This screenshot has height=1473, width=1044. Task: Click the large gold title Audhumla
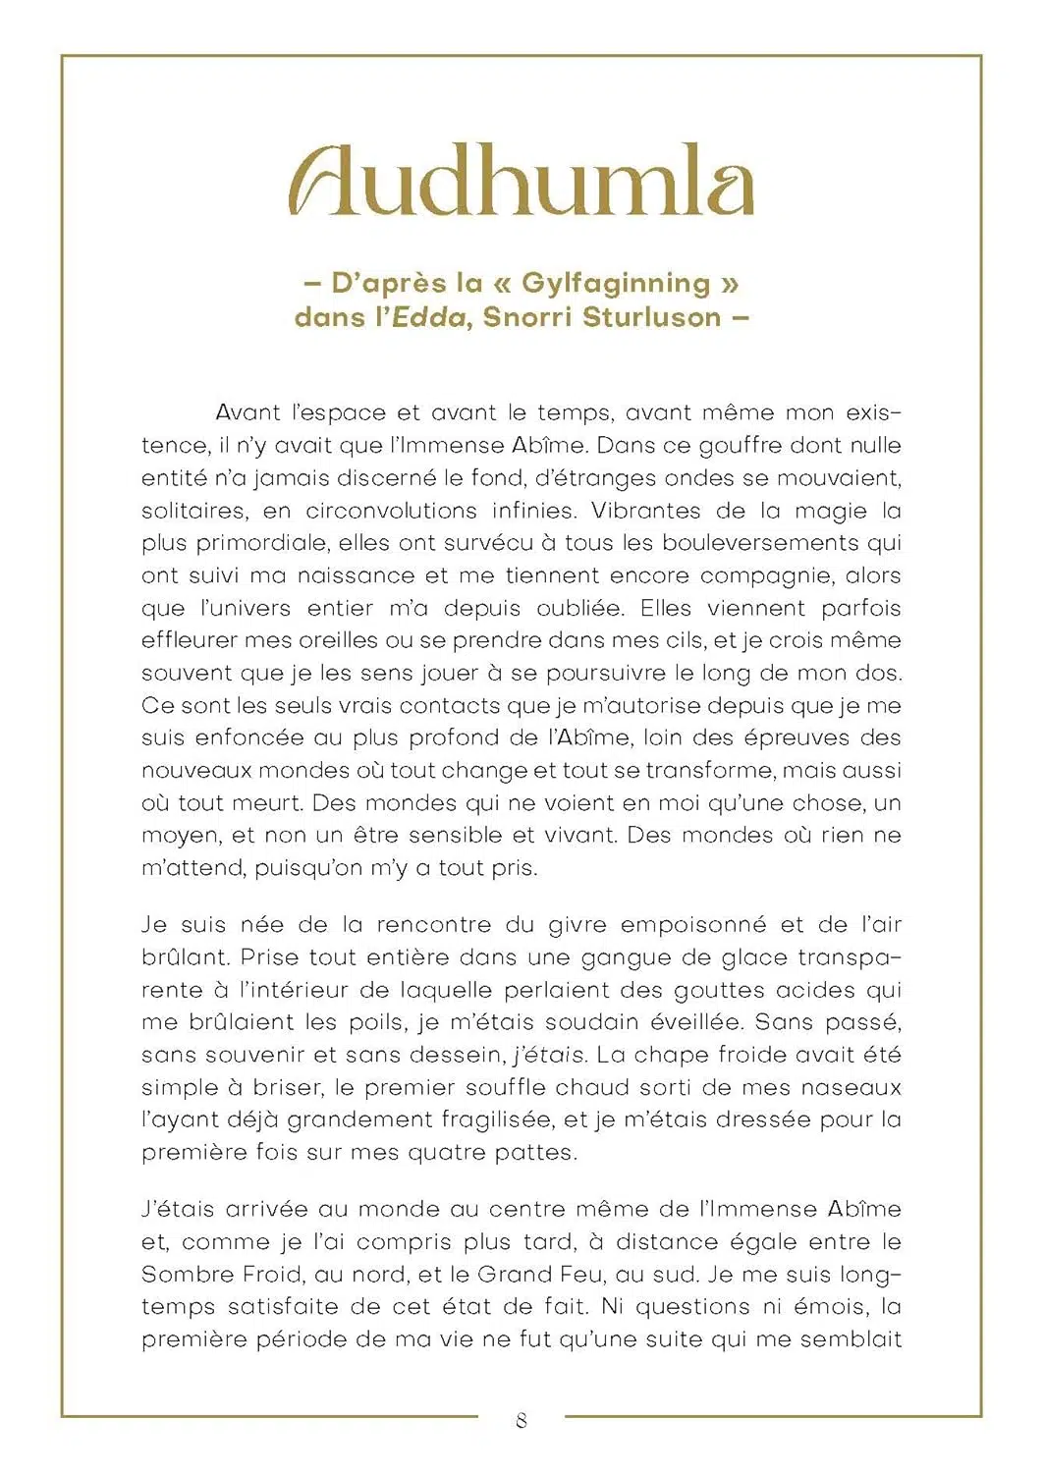point(522,182)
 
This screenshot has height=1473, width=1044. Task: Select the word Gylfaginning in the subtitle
point(615,283)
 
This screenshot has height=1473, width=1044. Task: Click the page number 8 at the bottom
point(522,1420)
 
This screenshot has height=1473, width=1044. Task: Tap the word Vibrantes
point(646,511)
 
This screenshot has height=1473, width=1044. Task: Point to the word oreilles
point(312,640)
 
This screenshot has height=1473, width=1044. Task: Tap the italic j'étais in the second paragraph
point(550,1055)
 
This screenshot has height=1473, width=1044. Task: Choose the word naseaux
point(851,1087)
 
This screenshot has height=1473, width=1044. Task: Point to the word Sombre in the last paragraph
point(189,1275)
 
